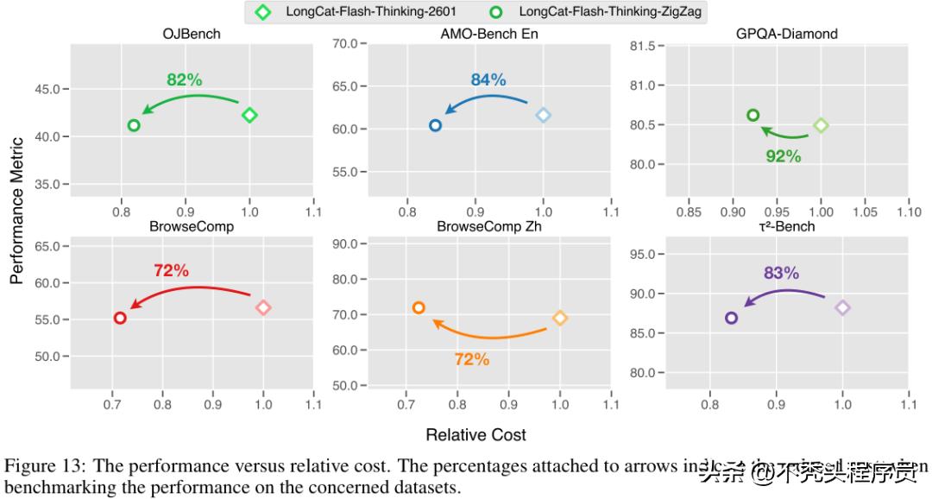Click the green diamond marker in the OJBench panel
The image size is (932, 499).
point(250,115)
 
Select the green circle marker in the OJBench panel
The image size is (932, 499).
point(134,125)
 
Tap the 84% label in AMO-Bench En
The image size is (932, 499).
point(488,80)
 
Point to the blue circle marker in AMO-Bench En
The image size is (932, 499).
point(436,125)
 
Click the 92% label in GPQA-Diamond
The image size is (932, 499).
point(784,156)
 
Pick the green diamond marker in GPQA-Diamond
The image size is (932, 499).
point(822,125)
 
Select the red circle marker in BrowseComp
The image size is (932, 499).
point(120,318)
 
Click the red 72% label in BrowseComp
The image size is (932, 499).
point(171,270)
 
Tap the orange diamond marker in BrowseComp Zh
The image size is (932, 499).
point(560,318)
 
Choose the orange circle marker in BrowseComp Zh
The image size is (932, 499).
point(419,307)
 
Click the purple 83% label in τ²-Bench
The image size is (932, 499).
point(781,273)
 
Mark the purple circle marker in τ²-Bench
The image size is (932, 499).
point(732,318)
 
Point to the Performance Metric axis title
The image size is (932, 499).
point(16,212)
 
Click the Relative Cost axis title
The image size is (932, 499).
point(475,434)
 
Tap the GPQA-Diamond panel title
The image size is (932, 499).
point(786,34)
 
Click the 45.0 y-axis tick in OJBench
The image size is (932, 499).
point(47,89)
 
